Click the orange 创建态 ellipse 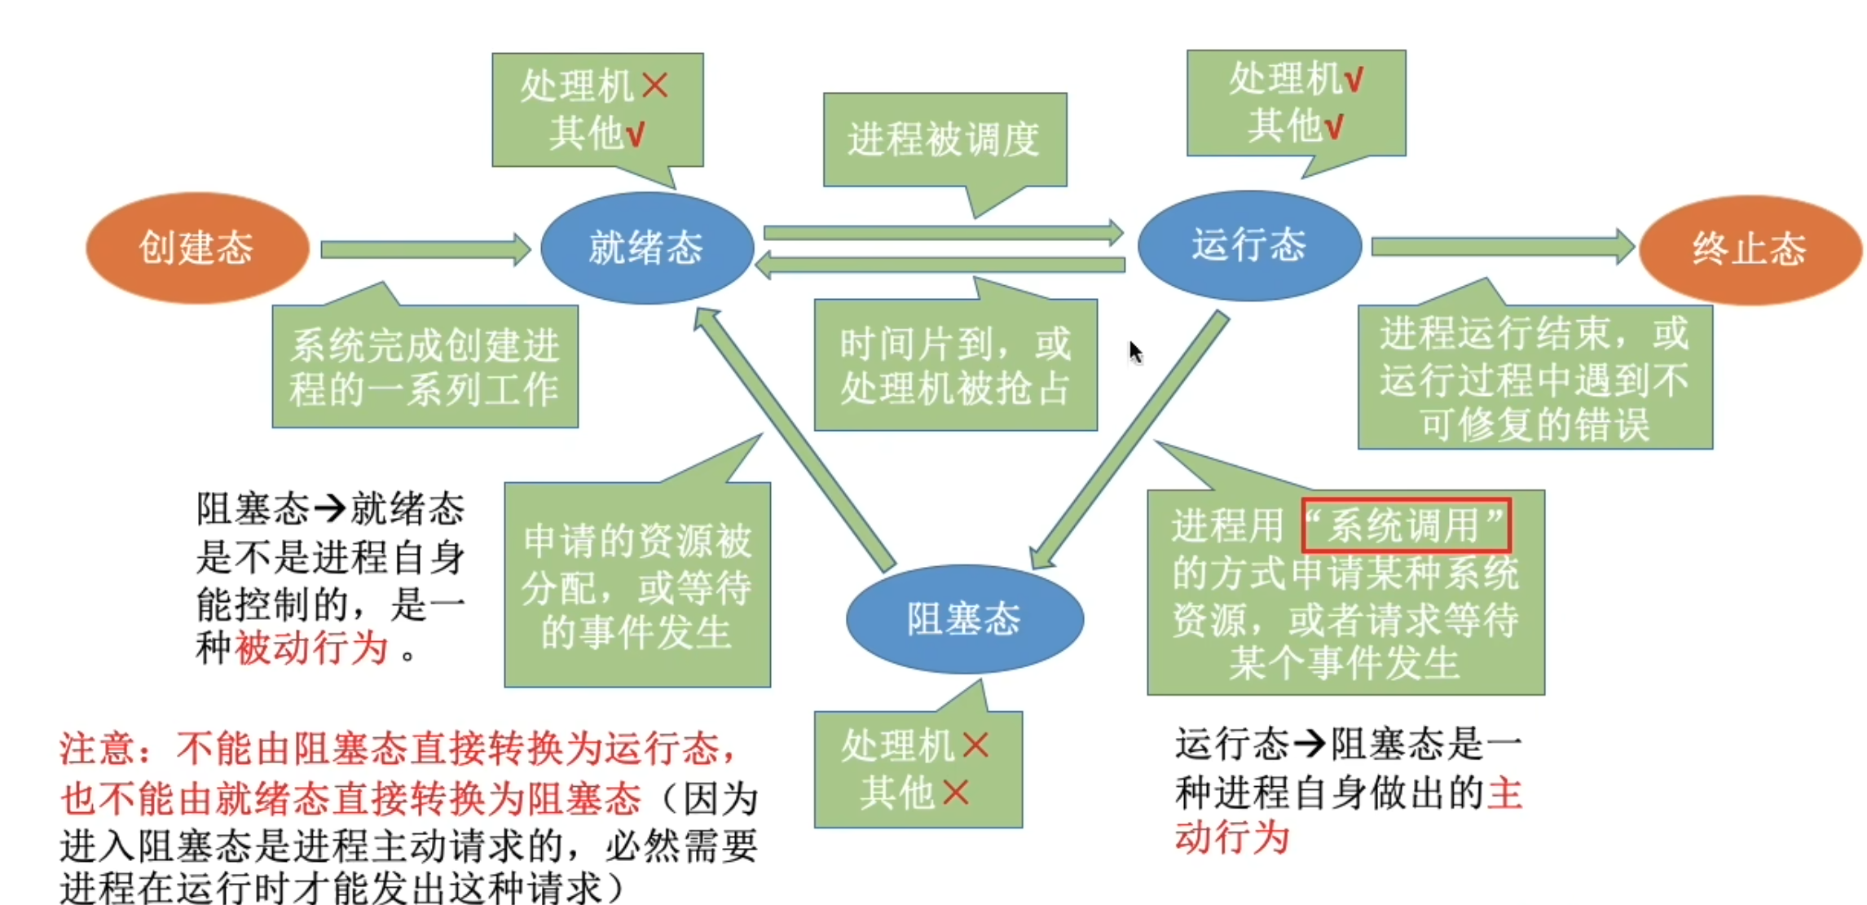click(197, 248)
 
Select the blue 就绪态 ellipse click(646, 248)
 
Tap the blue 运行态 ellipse click(1248, 245)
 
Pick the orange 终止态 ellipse click(1750, 249)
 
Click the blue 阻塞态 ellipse click(964, 619)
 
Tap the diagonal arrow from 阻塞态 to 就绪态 click(795, 440)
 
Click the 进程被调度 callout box click(944, 139)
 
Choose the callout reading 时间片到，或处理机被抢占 click(955, 366)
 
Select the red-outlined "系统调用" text click(1406, 525)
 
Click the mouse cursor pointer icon click(1135, 352)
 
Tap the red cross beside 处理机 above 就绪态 click(655, 85)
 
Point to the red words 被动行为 click(311, 649)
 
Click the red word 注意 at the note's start click(98, 749)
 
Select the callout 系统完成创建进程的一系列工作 click(425, 367)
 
